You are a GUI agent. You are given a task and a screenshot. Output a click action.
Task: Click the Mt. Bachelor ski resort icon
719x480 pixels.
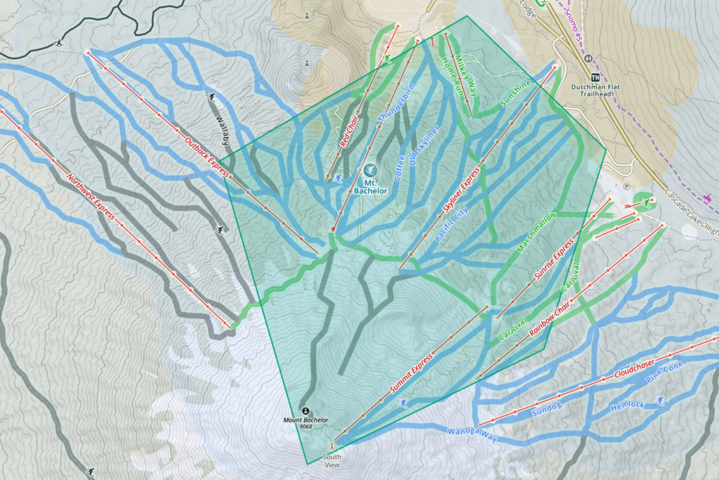pyautogui.click(x=370, y=169)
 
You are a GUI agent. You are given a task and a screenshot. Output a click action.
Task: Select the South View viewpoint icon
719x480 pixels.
pyautogui.click(x=332, y=446)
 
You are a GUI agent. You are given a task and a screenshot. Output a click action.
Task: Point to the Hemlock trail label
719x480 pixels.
pyautogui.click(x=627, y=406)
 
